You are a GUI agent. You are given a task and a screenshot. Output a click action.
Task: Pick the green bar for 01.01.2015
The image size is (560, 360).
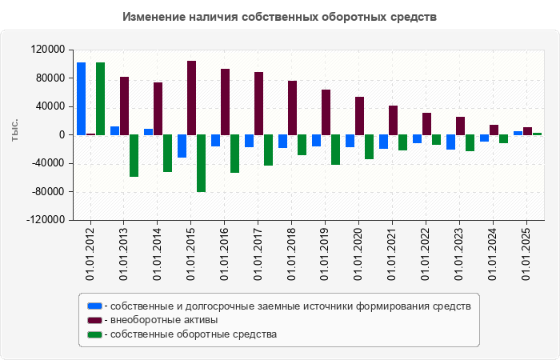tap(202, 163)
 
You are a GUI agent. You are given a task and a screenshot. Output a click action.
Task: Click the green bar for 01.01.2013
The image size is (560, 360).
tap(134, 155)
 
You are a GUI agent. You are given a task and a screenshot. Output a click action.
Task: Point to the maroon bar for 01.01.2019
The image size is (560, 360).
tap(326, 112)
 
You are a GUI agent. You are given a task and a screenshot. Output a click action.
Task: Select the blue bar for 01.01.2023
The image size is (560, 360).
tap(451, 142)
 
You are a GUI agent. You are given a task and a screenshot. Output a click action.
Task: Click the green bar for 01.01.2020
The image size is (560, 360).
tap(370, 147)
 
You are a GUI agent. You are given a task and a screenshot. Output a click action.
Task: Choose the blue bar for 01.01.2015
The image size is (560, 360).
tap(182, 146)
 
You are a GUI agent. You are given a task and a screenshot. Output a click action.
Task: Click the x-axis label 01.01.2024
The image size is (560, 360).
tap(494, 253)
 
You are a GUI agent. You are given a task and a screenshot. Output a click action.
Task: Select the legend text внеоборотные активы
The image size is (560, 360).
tap(165, 320)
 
